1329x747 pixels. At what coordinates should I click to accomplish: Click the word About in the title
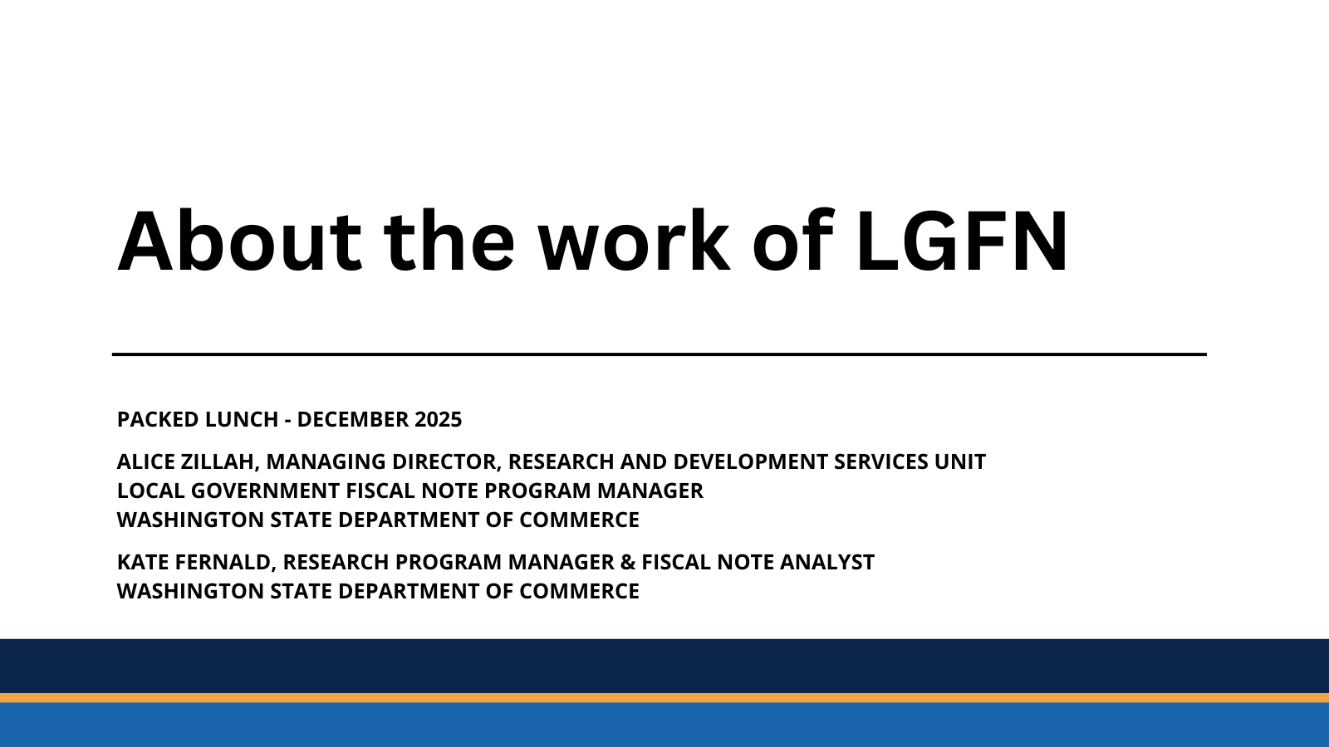point(239,242)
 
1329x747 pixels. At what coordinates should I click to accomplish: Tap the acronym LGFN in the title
point(962,242)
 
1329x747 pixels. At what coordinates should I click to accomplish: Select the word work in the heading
point(634,242)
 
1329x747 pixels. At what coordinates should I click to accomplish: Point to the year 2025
point(438,420)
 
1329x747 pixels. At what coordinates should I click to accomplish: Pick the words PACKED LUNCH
point(198,420)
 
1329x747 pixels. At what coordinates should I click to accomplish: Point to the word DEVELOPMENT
point(751,461)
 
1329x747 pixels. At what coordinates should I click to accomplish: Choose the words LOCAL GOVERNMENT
point(228,491)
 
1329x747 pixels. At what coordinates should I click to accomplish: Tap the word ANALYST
point(827,562)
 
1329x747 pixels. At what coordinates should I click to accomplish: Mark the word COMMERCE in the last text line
point(579,591)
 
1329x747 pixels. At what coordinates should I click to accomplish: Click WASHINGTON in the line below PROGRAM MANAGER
point(190,520)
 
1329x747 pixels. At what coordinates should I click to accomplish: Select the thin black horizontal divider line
point(660,354)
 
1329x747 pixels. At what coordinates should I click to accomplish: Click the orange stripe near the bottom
point(664,698)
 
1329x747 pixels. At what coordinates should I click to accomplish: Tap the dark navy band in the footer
point(664,666)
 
